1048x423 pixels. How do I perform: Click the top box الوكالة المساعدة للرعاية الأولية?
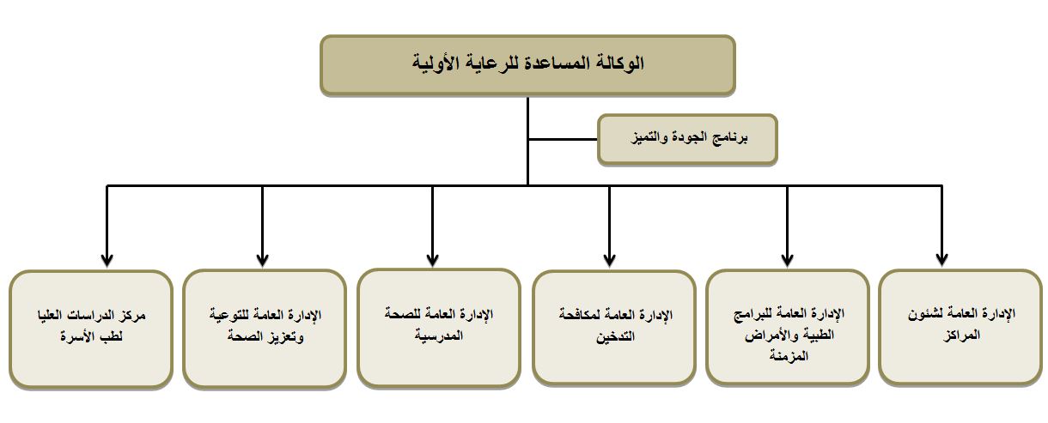click(527, 65)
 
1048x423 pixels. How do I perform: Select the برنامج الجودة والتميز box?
click(687, 139)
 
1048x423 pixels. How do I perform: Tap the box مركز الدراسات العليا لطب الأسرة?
click(91, 329)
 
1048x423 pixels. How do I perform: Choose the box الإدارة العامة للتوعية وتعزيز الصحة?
click(265, 329)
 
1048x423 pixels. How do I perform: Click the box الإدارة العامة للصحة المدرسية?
click(439, 328)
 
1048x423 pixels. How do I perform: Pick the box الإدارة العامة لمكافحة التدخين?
click(614, 329)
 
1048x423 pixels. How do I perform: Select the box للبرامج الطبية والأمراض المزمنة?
click(788, 328)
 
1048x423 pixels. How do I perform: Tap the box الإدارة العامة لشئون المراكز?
click(961, 328)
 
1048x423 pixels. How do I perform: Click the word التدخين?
click(615, 336)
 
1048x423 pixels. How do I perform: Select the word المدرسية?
click(438, 335)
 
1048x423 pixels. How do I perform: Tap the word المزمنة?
click(789, 356)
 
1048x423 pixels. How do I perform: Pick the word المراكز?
click(961, 335)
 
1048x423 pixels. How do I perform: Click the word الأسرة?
click(77, 336)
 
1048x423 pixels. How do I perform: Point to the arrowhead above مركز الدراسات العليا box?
click(107, 260)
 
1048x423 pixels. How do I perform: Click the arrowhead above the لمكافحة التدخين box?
click(609, 260)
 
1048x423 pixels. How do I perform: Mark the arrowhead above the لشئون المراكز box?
click(941, 260)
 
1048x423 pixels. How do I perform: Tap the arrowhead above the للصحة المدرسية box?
click(433, 260)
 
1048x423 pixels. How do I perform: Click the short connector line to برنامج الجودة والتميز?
click(563, 139)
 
